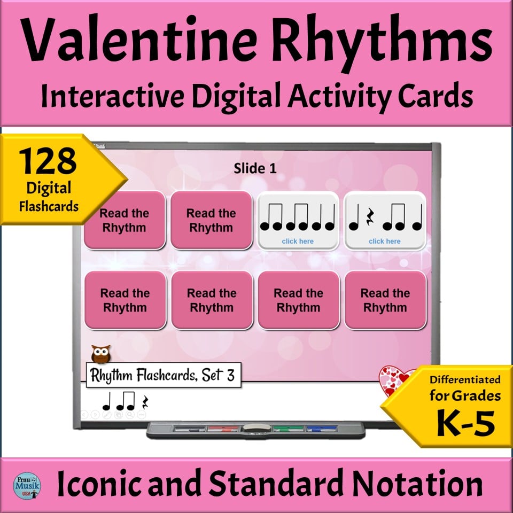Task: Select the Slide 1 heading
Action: pos(255,169)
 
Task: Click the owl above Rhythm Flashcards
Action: pos(100,354)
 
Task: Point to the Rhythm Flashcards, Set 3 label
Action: pos(163,376)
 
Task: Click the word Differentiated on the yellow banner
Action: pos(465,380)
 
